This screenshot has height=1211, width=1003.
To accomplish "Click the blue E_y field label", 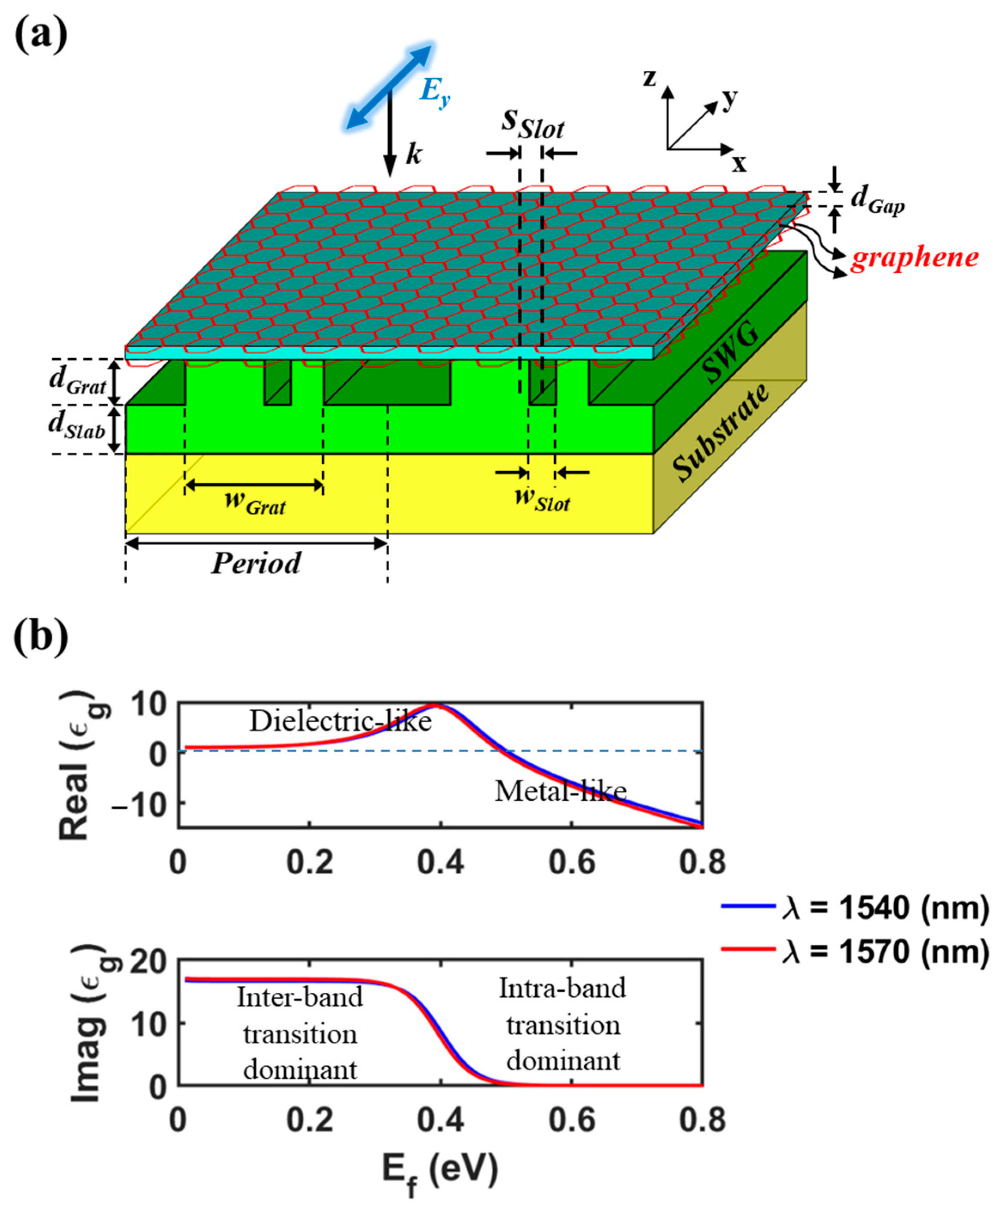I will point(434,92).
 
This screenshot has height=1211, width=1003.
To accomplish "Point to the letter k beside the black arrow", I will point(414,155).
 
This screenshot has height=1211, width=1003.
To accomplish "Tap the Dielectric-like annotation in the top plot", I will point(340,721).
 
